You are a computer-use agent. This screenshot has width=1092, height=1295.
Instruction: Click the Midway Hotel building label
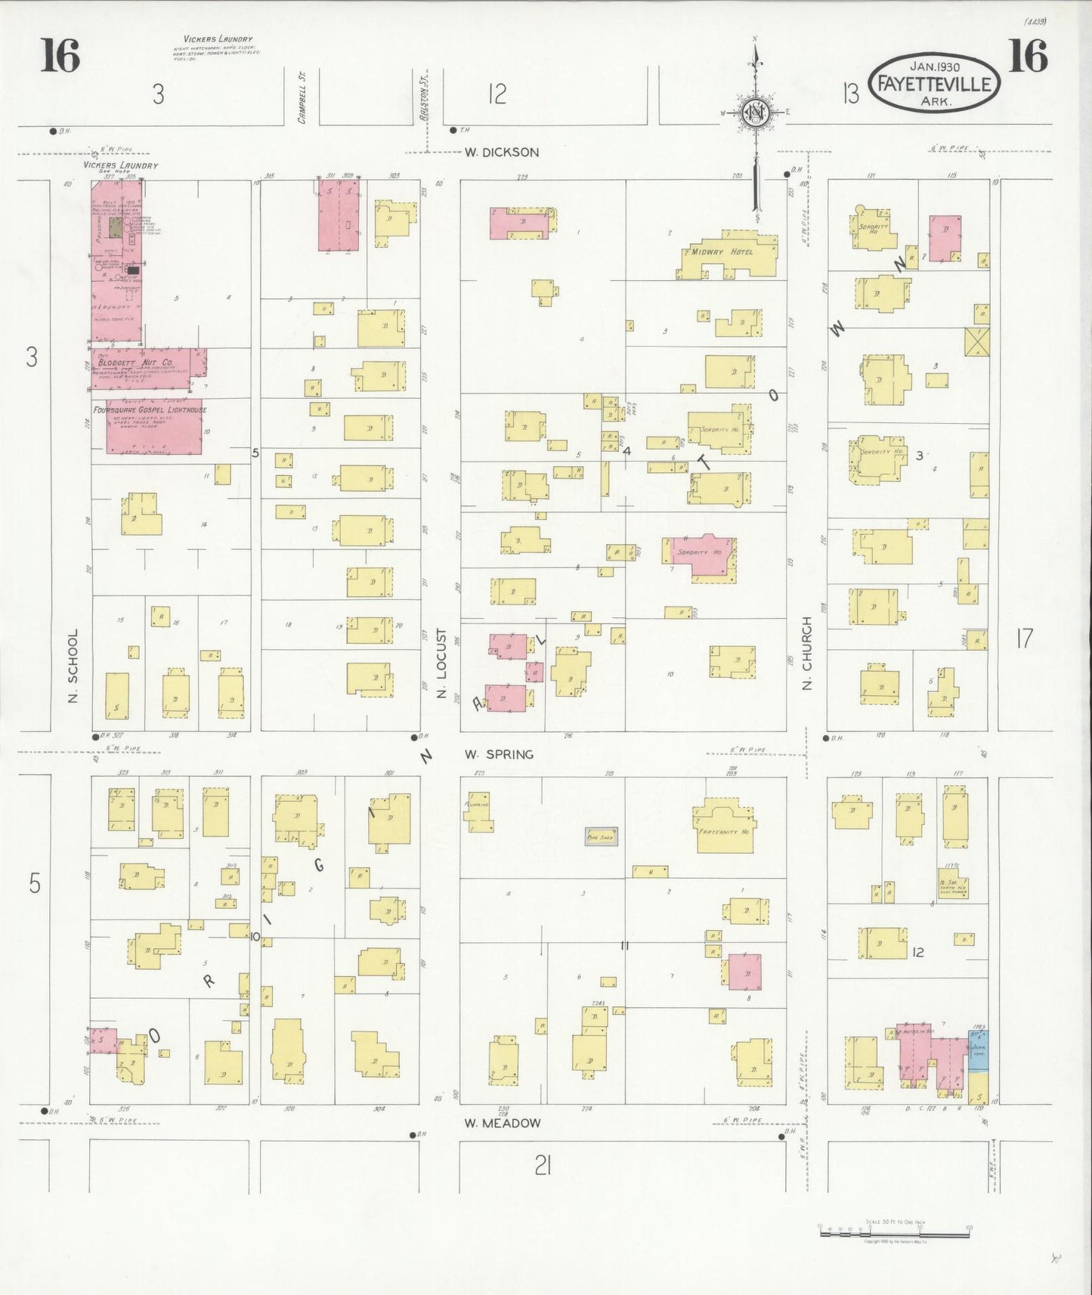pos(722,252)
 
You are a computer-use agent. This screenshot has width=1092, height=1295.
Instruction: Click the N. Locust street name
pos(442,663)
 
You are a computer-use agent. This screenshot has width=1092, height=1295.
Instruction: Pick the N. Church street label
pos(807,654)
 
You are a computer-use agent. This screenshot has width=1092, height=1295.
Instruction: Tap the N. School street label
pos(73,666)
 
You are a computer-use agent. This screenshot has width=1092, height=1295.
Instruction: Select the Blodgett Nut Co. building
pos(148,368)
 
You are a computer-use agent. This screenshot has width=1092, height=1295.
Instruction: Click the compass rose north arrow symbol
pos(754,113)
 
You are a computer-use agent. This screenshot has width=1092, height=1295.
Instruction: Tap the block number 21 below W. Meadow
pos(542,1167)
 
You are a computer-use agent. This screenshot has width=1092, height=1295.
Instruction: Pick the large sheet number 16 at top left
pos(60,57)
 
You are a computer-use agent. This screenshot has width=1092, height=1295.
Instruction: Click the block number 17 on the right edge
pos(1024,639)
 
